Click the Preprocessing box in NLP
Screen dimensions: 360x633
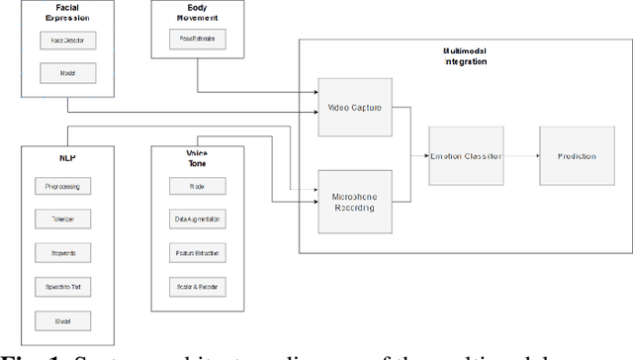61,186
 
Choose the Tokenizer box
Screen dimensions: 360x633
61,220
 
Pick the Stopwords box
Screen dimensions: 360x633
61,253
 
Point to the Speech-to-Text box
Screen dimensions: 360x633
61,287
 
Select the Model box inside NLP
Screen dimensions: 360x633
61,320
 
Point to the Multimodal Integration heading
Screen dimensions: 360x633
464,56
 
